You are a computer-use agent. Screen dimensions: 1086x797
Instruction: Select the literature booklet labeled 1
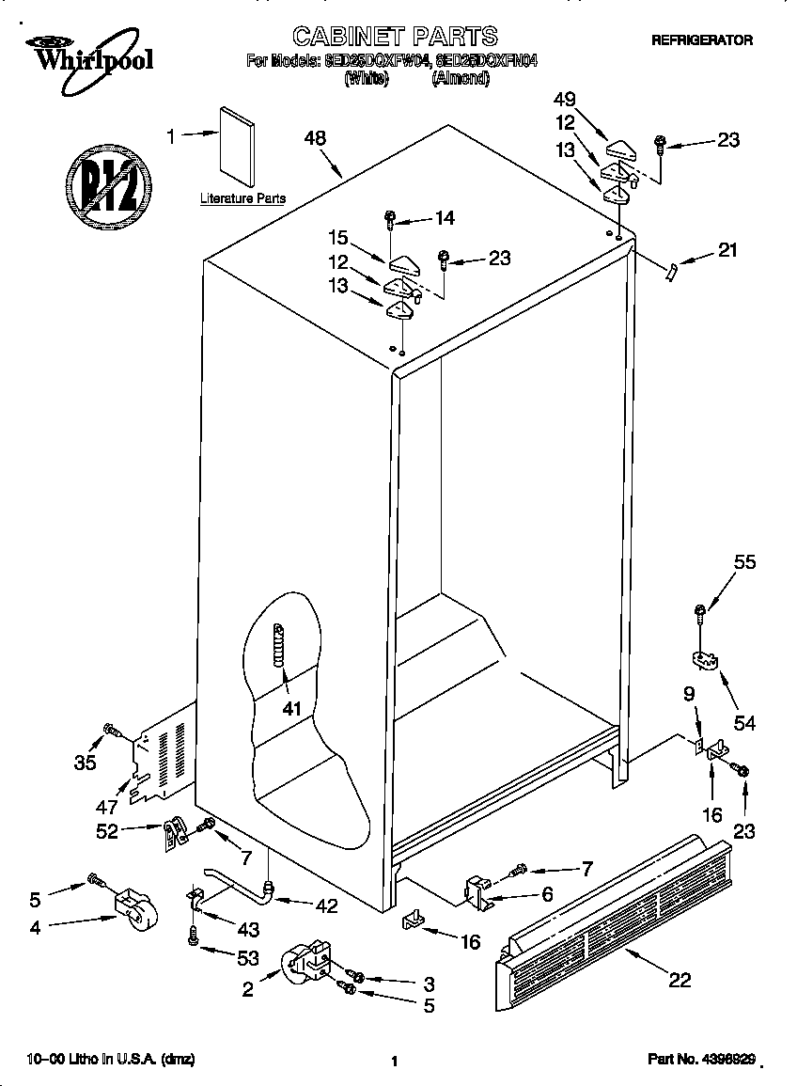pos(237,146)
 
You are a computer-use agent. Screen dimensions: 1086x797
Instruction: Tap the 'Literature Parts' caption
pos(242,199)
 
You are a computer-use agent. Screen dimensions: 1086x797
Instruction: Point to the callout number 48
pos(315,138)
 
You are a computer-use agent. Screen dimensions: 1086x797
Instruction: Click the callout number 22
pos(679,981)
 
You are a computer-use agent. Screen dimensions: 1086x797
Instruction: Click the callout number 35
pos(85,763)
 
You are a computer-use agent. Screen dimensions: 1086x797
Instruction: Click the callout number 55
pos(744,563)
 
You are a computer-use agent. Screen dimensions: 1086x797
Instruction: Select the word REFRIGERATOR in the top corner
pos(702,40)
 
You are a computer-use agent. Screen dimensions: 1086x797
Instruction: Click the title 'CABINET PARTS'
pos(395,36)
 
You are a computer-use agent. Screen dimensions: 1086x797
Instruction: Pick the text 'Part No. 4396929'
pos(701,1060)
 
